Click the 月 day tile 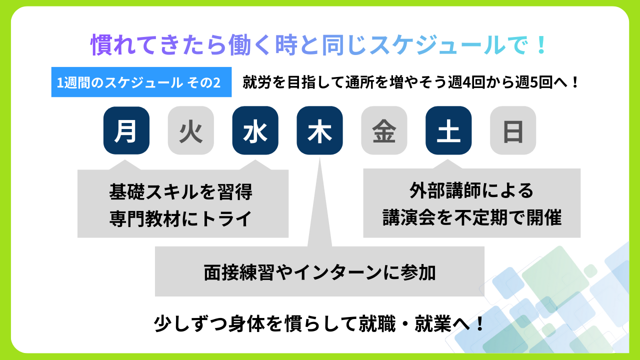point(126,130)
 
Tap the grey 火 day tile point(191,130)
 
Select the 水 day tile point(255,130)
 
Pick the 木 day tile point(319,130)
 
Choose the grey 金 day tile point(384,130)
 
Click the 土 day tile point(448,130)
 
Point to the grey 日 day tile point(513,130)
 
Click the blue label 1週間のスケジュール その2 point(141,82)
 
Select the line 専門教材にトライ point(180,219)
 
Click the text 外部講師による point(471,191)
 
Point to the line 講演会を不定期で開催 point(471,218)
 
